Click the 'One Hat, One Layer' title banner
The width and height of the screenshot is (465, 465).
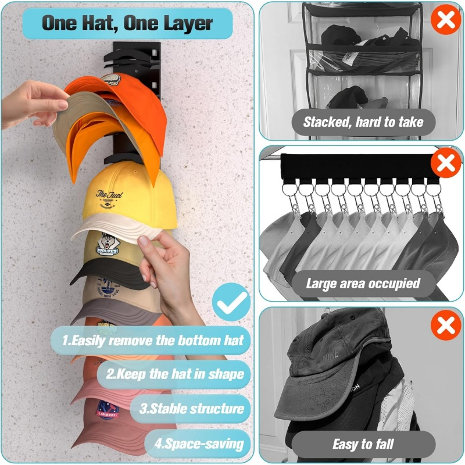[x=127, y=24]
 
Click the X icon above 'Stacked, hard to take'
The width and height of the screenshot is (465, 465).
[x=445, y=20]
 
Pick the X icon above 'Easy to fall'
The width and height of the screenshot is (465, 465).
[x=445, y=325]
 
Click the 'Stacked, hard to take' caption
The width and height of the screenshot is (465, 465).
[x=363, y=122]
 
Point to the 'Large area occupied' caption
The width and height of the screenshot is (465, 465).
[x=363, y=284]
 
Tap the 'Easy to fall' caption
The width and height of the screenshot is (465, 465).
[x=363, y=445]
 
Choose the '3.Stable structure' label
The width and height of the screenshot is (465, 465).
[x=192, y=408]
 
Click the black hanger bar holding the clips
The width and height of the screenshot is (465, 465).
[x=355, y=167]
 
